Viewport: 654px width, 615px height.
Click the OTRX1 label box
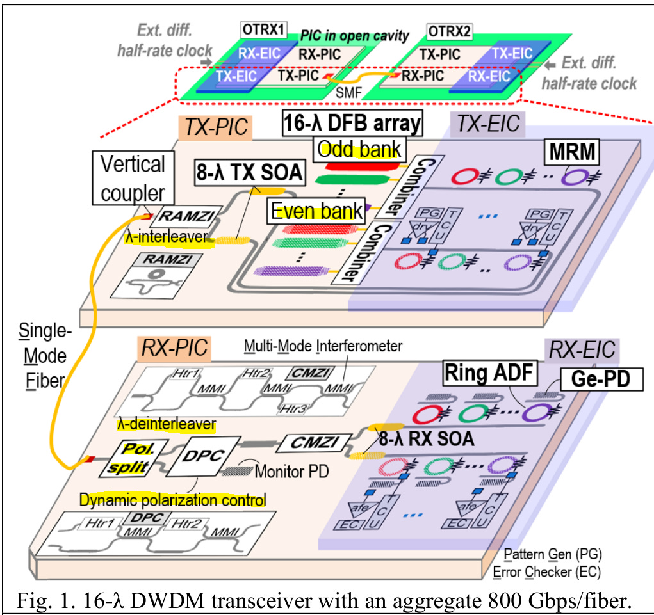(264, 30)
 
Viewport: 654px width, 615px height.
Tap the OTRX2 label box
(450, 31)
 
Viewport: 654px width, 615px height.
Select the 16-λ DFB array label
(352, 123)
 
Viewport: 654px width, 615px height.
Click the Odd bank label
(359, 149)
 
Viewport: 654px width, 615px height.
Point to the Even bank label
(316, 211)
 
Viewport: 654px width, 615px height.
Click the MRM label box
(572, 152)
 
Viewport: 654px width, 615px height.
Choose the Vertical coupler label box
(133, 178)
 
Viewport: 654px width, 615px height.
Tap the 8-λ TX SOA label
(249, 173)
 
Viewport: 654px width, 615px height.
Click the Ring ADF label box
(489, 372)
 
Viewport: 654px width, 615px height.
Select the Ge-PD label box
(601, 379)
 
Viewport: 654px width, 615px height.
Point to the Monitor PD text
(291, 472)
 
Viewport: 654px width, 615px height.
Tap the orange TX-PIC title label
(215, 127)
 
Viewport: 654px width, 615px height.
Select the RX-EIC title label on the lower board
(582, 350)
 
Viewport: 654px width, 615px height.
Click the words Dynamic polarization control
(173, 500)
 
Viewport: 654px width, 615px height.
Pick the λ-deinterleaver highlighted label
(167, 424)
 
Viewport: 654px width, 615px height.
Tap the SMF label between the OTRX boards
(348, 92)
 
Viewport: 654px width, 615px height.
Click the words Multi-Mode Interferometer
(323, 346)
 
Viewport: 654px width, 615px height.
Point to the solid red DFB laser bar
(361, 166)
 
